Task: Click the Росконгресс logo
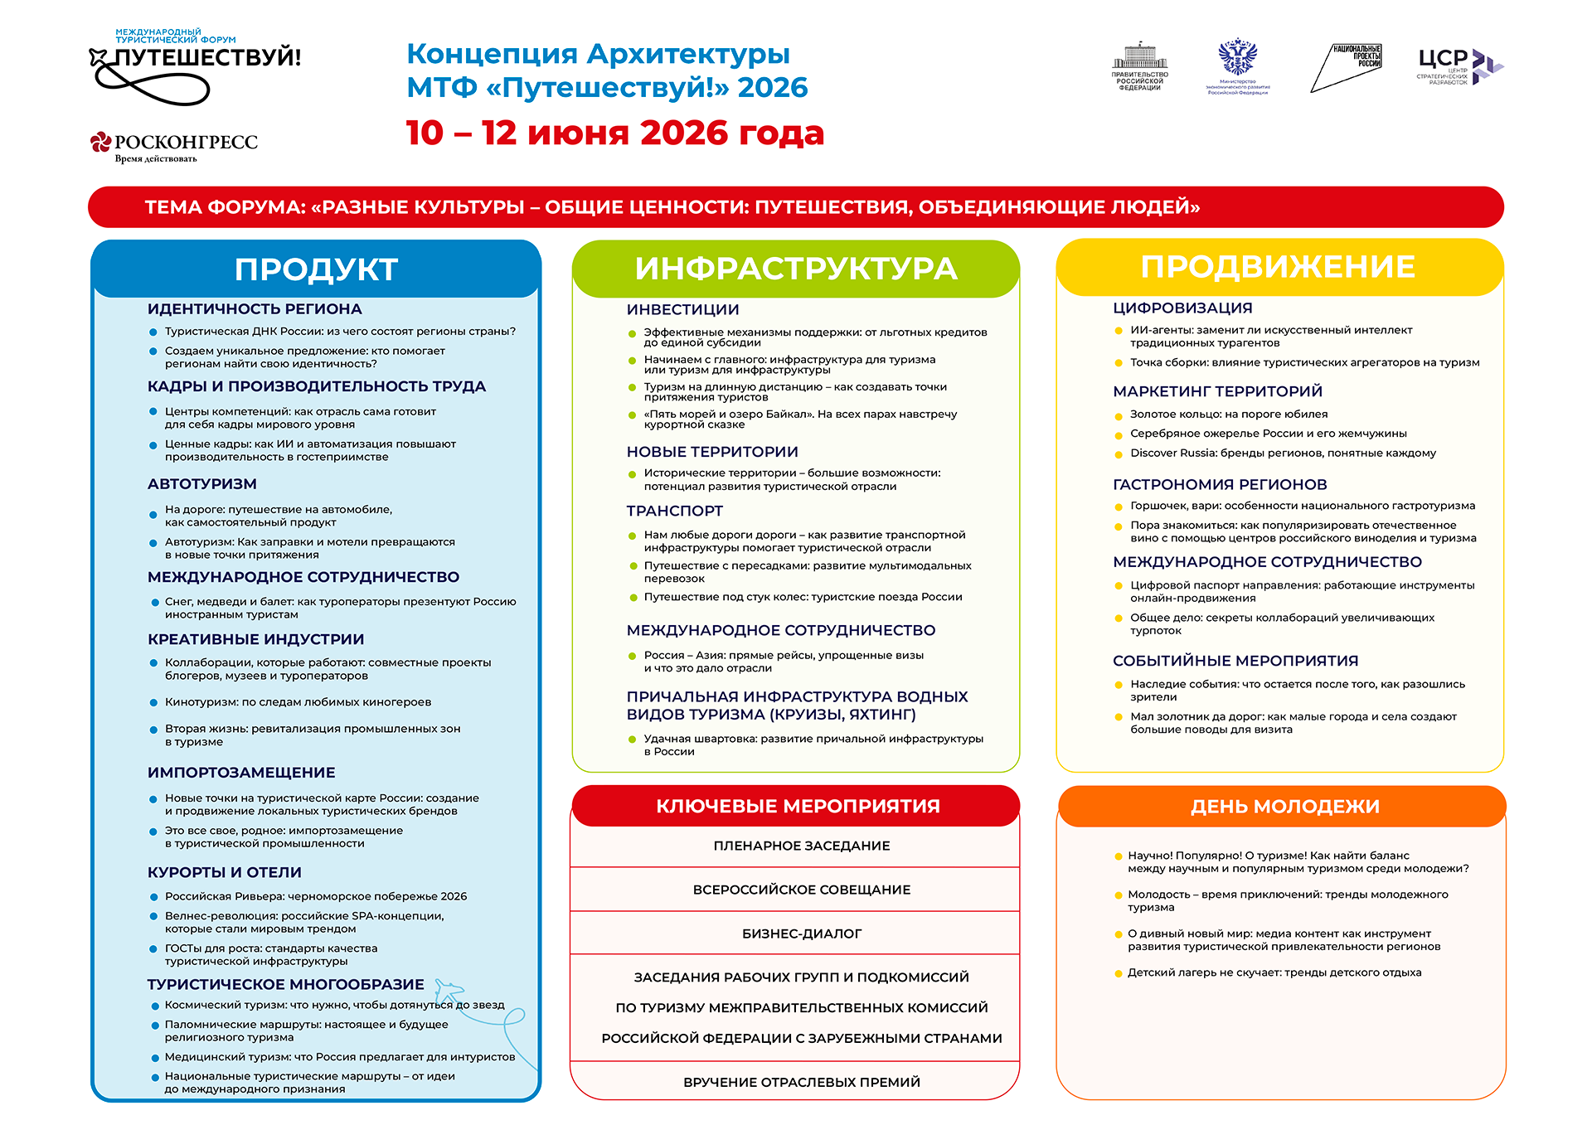click(174, 145)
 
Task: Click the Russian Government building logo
click(1139, 65)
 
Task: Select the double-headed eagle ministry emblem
click(1237, 65)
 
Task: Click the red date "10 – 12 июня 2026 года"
click(614, 133)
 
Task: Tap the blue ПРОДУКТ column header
click(316, 269)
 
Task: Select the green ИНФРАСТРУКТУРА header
click(796, 269)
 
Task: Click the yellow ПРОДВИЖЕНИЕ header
click(1278, 267)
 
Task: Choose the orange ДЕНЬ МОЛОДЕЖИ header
click(1284, 806)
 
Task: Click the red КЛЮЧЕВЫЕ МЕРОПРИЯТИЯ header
click(797, 806)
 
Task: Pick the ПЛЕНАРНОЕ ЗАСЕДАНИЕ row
click(801, 846)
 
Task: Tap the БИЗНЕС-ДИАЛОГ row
click(801, 933)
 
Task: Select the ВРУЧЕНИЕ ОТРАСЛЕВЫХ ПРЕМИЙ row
click(801, 1082)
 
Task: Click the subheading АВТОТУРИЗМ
click(202, 484)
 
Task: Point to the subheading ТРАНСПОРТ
click(674, 511)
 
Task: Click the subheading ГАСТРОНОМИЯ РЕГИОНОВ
click(1220, 484)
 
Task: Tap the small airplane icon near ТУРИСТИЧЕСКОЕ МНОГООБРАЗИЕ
click(449, 990)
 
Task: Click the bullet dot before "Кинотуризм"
click(153, 703)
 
